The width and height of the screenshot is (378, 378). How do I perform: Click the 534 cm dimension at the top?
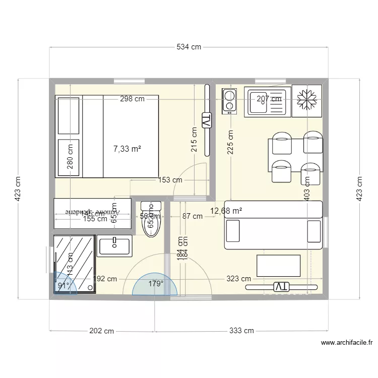click(x=189, y=47)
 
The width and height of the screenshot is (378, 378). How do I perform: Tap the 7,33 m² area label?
click(x=127, y=149)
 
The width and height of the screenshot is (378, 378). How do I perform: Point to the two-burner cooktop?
click(x=229, y=100)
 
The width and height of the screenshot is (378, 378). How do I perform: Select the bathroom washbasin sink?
click(x=114, y=246)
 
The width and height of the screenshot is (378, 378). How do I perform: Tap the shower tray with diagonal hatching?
click(x=74, y=263)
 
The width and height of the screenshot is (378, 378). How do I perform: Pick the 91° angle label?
click(x=64, y=285)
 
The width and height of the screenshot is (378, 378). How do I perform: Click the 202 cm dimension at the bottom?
click(x=101, y=331)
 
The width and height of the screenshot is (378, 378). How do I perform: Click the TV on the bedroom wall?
click(x=207, y=121)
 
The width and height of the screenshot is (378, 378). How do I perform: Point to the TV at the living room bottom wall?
click(x=280, y=287)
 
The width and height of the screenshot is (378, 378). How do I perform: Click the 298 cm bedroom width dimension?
click(x=132, y=99)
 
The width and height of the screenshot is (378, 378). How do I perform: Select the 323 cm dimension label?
click(x=238, y=279)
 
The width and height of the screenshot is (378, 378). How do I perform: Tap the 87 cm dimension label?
click(x=193, y=216)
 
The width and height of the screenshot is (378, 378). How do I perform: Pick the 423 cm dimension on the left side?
click(x=17, y=188)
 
